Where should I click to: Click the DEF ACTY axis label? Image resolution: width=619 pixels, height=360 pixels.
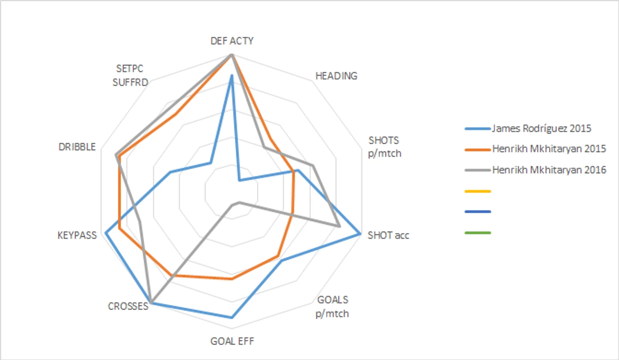[x=232, y=41]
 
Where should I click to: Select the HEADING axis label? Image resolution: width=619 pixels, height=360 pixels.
[x=336, y=76]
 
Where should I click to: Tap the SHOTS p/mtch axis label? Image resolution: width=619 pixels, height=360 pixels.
[x=384, y=147]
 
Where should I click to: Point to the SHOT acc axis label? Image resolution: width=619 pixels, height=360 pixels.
[x=388, y=235]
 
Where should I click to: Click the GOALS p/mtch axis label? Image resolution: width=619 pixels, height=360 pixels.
[x=332, y=307]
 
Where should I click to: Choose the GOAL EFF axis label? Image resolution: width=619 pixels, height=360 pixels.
[x=232, y=341]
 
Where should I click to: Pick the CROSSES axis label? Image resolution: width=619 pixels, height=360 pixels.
[x=128, y=306]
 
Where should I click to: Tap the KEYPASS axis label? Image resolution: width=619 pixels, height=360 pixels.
[x=77, y=235]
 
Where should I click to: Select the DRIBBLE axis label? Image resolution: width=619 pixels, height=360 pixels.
[x=77, y=147]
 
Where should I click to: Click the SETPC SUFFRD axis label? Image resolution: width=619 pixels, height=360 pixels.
[x=130, y=75]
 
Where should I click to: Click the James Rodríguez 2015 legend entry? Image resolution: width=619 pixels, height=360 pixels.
[x=541, y=128]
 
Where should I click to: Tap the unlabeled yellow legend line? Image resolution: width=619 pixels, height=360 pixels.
[x=478, y=191]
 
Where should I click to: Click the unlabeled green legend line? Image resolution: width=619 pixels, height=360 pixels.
[x=478, y=233]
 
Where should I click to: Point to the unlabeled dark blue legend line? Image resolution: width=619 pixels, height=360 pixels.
[x=478, y=212]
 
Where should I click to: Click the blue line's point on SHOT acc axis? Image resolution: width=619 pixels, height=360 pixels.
[x=360, y=234]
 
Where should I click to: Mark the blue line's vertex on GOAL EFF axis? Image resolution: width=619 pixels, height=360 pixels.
[x=232, y=317]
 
